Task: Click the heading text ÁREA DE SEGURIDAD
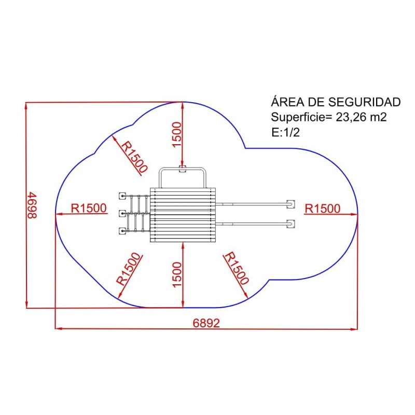click(336, 102)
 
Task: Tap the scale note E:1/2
click(285, 132)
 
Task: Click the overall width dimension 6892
click(206, 323)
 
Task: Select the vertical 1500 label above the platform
click(177, 134)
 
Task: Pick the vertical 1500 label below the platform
click(177, 275)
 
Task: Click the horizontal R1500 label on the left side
click(89, 209)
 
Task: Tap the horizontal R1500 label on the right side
click(323, 209)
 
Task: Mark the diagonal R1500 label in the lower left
click(129, 269)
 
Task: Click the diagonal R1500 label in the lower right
click(237, 268)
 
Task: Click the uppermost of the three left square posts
click(122, 196)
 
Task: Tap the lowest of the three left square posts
click(122, 231)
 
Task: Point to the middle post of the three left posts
click(122, 213)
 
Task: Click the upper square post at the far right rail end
click(291, 203)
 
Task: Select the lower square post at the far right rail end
click(291, 224)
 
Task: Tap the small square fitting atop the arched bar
click(182, 168)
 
